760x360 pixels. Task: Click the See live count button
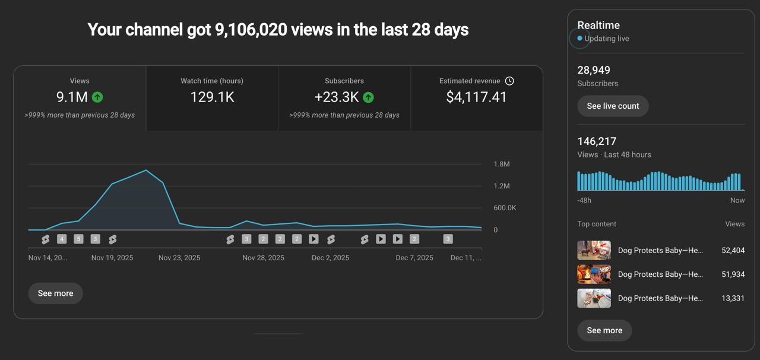coord(613,106)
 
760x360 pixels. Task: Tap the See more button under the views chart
coord(55,293)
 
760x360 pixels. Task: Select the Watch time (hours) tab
coord(212,98)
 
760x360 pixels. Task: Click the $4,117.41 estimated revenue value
coord(476,97)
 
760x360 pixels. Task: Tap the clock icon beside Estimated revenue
coord(509,81)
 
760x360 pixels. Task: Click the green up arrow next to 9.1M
coord(97,97)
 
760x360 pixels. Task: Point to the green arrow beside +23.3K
coord(368,97)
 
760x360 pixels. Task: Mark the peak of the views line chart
coord(146,170)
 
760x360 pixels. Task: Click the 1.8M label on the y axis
coord(502,164)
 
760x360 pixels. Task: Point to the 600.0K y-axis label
coord(505,208)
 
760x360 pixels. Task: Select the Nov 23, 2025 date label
coord(179,258)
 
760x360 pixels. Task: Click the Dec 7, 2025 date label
coord(414,258)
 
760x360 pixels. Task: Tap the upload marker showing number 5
coord(78,239)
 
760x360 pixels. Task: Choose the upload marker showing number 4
coord(62,239)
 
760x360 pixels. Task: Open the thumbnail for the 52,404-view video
coord(594,250)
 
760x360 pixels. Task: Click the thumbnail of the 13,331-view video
coord(594,298)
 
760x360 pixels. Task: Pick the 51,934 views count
coord(733,274)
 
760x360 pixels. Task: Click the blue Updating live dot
coord(580,39)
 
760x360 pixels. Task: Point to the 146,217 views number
coord(597,141)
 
